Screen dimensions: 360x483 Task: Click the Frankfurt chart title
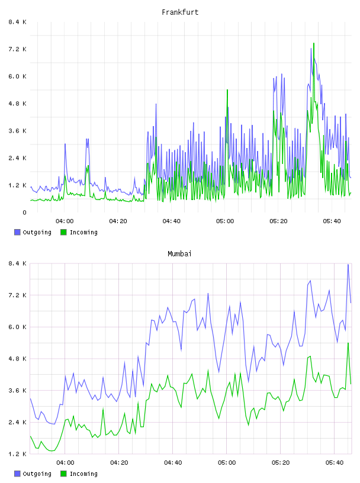pyautogui.click(x=180, y=12)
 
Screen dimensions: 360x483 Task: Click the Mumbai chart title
pyautogui.click(x=179, y=254)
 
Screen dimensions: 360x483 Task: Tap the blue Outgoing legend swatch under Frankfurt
pyautogui.click(x=17, y=232)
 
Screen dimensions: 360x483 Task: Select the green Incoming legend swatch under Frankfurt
pyautogui.click(x=63, y=232)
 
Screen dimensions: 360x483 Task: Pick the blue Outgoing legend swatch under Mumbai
pyautogui.click(x=17, y=474)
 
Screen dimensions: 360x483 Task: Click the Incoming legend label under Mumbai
pyautogui.click(x=83, y=474)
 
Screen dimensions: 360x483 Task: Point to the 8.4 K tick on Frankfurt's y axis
pyautogui.click(x=17, y=22)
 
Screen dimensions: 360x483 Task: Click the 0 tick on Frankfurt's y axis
pyautogui.click(x=24, y=212)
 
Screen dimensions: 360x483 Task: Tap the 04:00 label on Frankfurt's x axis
pyautogui.click(x=65, y=221)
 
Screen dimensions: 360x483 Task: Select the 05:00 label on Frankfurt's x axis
pyautogui.click(x=225, y=221)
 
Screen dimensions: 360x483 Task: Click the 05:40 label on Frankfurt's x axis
pyautogui.click(x=332, y=221)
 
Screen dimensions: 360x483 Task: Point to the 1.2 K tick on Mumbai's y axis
pyautogui.click(x=17, y=454)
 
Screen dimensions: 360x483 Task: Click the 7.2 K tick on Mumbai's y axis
pyautogui.click(x=17, y=295)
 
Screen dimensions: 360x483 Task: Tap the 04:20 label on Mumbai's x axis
pyautogui.click(x=119, y=463)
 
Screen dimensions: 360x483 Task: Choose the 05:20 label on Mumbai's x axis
pyautogui.click(x=281, y=463)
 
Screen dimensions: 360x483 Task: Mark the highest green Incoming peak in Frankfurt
pyautogui.click(x=314, y=43)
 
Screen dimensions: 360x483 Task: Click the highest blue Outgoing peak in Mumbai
pyautogui.click(x=348, y=265)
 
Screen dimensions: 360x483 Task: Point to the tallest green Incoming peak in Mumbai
pyautogui.click(x=348, y=343)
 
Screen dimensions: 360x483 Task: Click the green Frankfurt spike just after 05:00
pyautogui.click(x=227, y=90)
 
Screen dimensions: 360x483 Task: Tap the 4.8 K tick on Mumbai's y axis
pyautogui.click(x=17, y=359)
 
